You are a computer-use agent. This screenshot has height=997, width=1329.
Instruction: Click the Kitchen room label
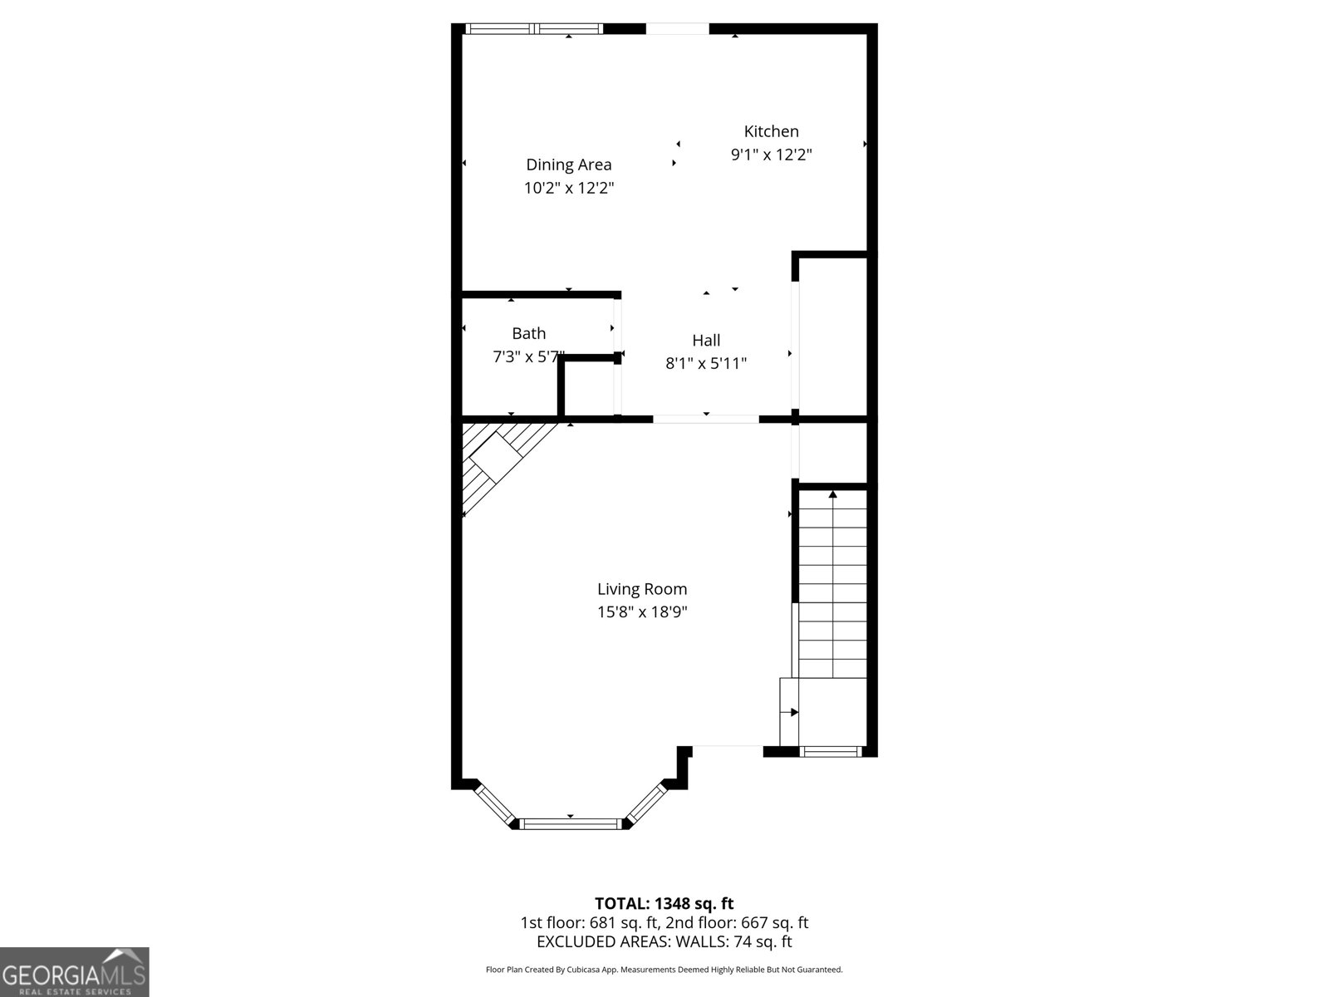771,131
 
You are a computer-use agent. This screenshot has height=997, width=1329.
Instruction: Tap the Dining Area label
568,165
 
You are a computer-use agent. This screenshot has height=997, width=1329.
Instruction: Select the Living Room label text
642,589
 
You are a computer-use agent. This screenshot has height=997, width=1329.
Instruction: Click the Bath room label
528,333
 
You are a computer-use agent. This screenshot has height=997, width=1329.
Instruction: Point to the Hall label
706,340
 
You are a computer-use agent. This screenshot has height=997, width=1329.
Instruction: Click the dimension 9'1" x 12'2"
771,155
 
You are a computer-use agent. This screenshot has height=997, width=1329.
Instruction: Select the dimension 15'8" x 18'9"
642,612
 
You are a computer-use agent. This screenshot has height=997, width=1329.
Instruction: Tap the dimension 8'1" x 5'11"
706,363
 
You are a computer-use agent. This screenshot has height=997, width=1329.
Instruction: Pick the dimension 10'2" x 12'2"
568,188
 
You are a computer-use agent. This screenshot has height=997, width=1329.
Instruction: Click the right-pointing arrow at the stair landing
793,712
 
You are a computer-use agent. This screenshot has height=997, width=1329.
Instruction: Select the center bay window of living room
570,823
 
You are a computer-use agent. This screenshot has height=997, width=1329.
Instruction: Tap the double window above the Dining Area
534,29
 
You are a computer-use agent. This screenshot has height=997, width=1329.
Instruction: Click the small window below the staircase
831,751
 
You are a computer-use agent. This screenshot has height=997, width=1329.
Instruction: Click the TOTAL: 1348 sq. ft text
664,903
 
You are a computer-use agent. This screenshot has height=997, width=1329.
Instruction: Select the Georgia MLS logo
75,971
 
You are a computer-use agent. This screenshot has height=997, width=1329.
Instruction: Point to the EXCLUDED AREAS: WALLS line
664,941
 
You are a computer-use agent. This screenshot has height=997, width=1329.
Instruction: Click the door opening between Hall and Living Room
705,419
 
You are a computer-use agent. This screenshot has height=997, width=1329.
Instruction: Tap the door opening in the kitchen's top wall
678,29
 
